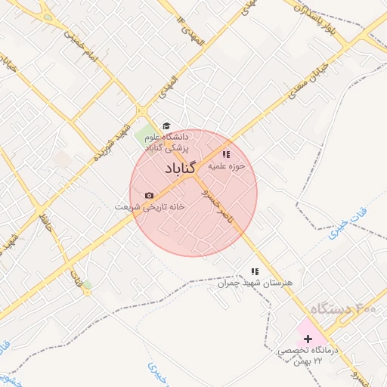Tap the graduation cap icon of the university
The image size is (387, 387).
[x=166, y=126]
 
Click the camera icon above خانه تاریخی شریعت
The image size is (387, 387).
[x=148, y=196]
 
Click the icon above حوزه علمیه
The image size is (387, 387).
[x=226, y=155]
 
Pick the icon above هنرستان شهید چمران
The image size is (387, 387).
[x=255, y=271]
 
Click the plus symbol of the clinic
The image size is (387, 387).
[x=308, y=339]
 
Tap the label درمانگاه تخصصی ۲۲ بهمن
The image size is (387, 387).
[x=309, y=355]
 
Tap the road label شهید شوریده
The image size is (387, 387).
[x=109, y=142]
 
